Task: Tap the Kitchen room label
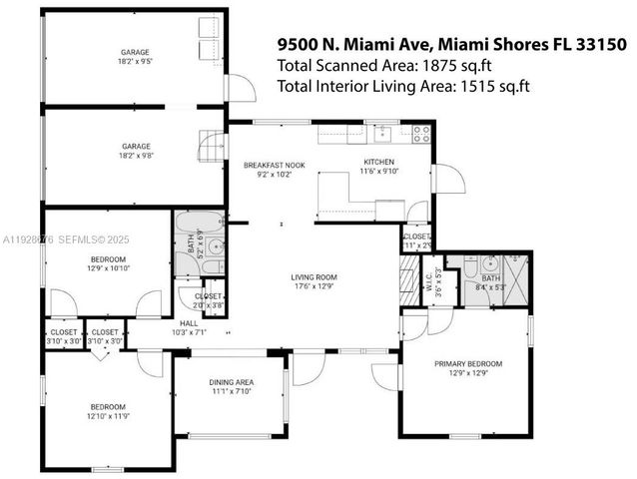[x=378, y=162]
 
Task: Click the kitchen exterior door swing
[x=448, y=182]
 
